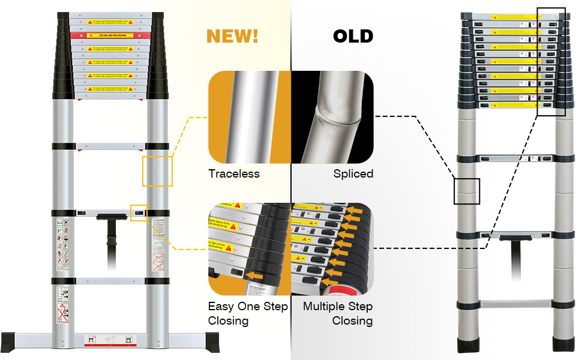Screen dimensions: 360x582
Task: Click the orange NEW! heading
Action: (232, 35)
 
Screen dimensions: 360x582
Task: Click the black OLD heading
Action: (353, 35)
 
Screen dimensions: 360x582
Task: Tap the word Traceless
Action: (234, 174)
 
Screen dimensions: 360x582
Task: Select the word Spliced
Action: (353, 174)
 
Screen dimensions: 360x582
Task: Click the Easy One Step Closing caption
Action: (248, 313)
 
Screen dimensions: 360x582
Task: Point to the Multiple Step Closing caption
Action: (338, 313)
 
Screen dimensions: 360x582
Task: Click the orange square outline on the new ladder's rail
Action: (157, 171)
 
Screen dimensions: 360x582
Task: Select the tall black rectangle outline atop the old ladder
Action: (551, 61)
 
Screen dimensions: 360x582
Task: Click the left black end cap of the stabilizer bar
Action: (11, 341)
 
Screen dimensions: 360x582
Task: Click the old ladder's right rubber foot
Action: (564, 346)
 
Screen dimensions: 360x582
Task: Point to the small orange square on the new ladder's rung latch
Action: (139, 212)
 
